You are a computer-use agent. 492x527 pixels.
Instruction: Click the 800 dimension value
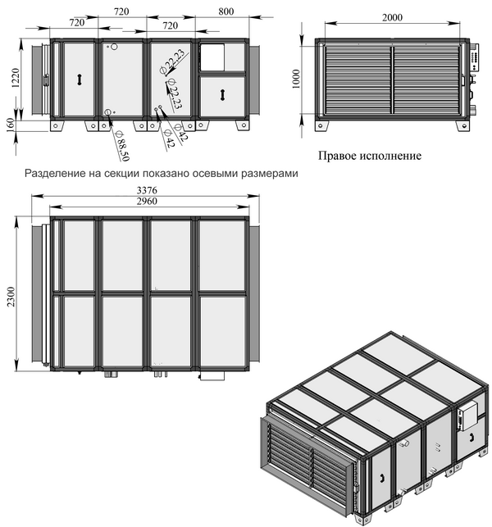tap(225, 11)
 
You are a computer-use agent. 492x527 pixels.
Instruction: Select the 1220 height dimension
tap(16, 79)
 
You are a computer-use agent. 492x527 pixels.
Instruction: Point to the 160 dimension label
tap(11, 125)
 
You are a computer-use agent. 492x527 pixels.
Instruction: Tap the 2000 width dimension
tap(392, 17)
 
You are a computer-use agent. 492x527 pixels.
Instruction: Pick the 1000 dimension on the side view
tap(295, 79)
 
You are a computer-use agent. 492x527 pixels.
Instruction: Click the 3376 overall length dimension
tap(147, 190)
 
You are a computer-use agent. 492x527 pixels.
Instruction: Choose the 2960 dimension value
tap(147, 201)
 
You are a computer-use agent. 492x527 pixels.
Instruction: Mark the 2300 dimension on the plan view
tap(11, 297)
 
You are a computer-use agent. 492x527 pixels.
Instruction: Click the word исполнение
tap(391, 156)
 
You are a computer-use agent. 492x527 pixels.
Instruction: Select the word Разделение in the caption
tap(56, 174)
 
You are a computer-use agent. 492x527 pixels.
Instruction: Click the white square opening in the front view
tap(212, 57)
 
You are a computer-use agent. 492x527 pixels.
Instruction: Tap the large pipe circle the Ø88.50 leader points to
tap(108, 112)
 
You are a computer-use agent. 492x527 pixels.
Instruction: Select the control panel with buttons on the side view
tap(476, 57)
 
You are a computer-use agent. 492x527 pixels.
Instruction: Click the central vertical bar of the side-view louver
tap(392, 80)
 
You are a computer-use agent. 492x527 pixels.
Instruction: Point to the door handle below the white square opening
tap(222, 94)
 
